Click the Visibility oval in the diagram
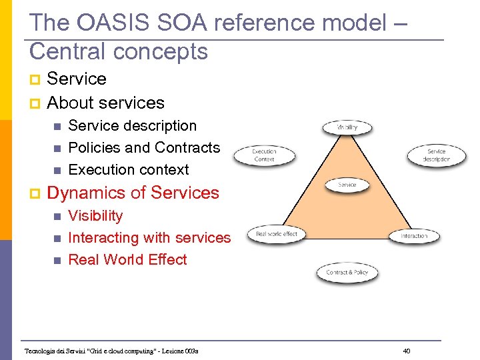point(347,127)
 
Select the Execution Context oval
point(264,155)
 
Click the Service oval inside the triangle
point(347,185)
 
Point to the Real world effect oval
point(277,234)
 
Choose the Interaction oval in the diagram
point(414,236)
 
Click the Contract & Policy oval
point(347,272)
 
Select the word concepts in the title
point(165,51)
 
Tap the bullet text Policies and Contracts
point(144,147)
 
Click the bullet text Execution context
point(129,169)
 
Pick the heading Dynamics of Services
point(133,193)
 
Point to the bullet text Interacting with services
point(149,237)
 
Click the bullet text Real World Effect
point(127,259)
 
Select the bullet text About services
point(105,103)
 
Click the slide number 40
point(407,351)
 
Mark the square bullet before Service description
point(57,126)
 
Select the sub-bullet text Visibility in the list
point(95,215)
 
